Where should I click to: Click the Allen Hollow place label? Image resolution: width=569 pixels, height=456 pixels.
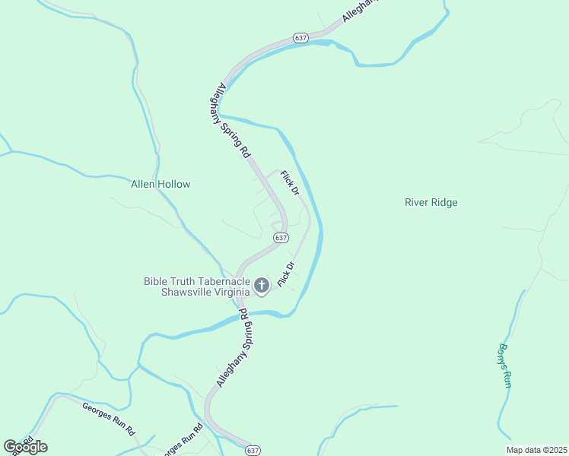pyautogui.click(x=161, y=184)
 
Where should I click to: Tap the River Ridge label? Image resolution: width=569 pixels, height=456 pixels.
pyautogui.click(x=431, y=203)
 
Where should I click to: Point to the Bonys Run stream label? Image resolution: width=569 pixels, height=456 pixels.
pyautogui.click(x=504, y=366)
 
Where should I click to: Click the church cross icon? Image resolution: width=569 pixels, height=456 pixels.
pyautogui.click(x=261, y=286)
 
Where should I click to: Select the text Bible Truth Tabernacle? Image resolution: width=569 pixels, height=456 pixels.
pyautogui.click(x=196, y=281)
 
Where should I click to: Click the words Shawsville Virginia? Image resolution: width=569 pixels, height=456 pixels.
pyautogui.click(x=205, y=292)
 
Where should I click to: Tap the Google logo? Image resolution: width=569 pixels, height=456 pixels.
pyautogui.click(x=25, y=447)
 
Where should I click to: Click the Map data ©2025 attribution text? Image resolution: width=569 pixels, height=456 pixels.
pyautogui.click(x=536, y=450)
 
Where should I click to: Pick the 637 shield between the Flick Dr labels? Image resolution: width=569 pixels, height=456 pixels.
pyautogui.click(x=281, y=238)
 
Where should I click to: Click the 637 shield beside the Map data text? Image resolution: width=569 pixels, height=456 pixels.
pyautogui.click(x=253, y=451)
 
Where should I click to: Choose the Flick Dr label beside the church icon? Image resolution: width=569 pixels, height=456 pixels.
pyautogui.click(x=286, y=274)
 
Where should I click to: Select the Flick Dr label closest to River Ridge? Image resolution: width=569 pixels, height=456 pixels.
pyautogui.click(x=290, y=183)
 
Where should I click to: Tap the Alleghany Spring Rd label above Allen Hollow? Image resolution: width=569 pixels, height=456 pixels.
pyautogui.click(x=234, y=119)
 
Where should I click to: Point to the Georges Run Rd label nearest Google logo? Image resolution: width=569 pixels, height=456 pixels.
pyautogui.click(x=109, y=418)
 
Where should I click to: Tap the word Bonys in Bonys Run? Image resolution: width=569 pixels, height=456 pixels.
pyautogui.click(x=503, y=356)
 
